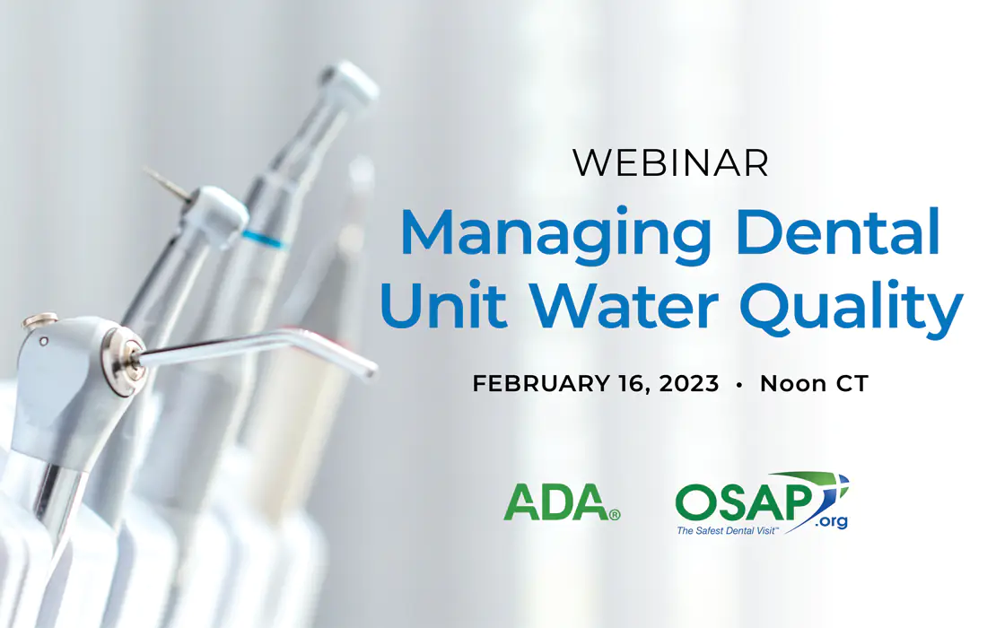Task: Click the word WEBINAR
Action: point(671,162)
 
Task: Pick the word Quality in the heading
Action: point(852,308)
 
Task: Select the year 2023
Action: point(689,384)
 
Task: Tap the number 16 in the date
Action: point(633,384)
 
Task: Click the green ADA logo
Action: point(562,502)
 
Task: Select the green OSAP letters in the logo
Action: point(743,502)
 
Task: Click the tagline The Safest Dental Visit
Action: point(726,530)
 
